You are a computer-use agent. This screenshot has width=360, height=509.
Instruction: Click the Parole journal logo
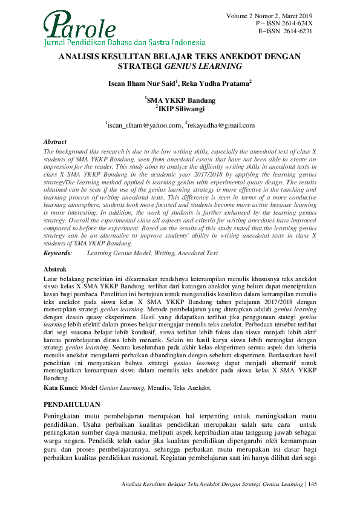pyautogui.click(x=81, y=27)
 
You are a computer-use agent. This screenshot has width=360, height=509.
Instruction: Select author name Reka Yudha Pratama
pyautogui.click(x=215, y=83)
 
